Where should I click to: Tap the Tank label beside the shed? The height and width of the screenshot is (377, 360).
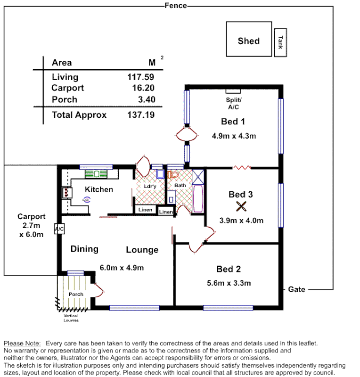click(280, 43)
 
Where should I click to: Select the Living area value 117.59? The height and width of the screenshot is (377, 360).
click(141, 77)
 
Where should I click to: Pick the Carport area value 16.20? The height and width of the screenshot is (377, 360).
click(143, 88)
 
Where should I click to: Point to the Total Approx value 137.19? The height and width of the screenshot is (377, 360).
click(141, 115)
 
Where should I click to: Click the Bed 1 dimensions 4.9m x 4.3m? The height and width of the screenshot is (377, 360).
click(234, 137)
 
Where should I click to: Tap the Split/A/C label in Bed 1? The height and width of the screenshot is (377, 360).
click(233, 104)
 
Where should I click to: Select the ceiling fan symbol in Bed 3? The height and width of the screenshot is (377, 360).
click(241, 206)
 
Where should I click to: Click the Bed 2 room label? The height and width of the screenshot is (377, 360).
click(229, 269)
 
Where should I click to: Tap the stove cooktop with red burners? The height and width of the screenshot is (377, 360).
click(65, 192)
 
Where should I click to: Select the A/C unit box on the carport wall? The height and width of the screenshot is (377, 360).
click(59, 229)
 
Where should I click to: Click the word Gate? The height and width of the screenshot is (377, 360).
click(297, 289)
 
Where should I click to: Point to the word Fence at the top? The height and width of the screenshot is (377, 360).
click(176, 6)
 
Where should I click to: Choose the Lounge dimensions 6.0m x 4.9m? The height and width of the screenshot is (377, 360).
click(122, 268)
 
